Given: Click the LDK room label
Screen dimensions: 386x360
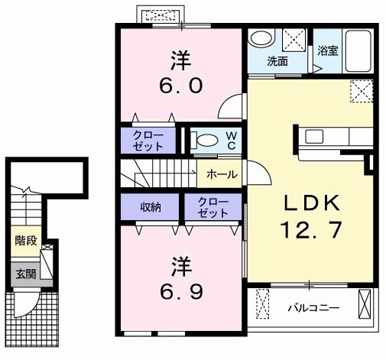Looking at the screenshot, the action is tap(312, 203).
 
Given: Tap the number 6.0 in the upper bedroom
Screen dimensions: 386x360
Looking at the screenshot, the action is tap(181, 86).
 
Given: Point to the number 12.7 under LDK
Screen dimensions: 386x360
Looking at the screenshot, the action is tap(310, 230).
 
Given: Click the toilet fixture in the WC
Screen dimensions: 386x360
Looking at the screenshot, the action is tap(205, 140).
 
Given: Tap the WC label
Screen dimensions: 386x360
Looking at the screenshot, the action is tap(232, 140).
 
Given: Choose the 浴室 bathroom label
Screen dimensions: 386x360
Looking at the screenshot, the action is tap(327, 50).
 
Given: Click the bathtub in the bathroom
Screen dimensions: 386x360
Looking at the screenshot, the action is tap(358, 51).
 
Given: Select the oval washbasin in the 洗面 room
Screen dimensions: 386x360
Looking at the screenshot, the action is tap(261, 38).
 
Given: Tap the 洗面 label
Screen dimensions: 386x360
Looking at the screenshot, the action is tap(277, 61).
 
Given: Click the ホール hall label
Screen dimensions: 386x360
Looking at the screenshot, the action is tap(222, 175).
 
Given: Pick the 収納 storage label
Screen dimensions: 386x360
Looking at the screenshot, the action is tap(151, 207).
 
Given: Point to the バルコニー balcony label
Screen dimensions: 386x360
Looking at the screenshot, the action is tap(313, 308).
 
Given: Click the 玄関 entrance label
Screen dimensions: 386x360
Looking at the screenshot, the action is tap(26, 274).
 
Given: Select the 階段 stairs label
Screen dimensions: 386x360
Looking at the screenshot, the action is tap(26, 241).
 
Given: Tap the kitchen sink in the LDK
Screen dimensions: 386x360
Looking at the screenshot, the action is tap(314, 136).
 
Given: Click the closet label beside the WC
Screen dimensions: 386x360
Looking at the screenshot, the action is tap(148, 141).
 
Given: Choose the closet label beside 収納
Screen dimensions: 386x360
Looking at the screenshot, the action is tap(213, 207).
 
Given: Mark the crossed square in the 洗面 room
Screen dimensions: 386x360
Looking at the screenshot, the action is tap(294, 40).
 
